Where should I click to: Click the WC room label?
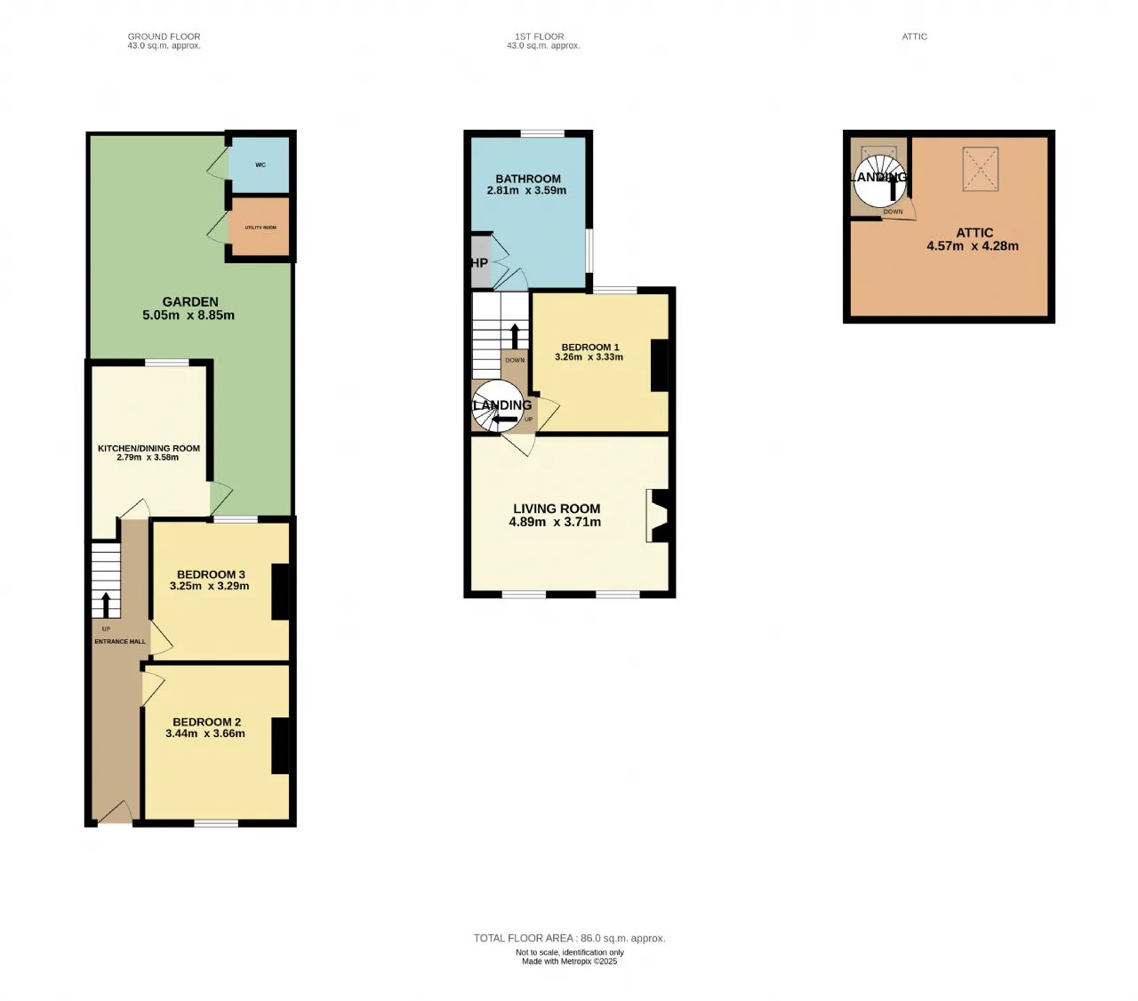pyautogui.click(x=260, y=164)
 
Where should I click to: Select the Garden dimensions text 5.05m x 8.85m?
pyautogui.click(x=188, y=315)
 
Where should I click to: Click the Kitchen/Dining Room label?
pyautogui.click(x=148, y=448)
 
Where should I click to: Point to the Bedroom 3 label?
pyautogui.click(x=211, y=574)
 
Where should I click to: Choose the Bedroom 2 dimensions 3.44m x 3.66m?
pyautogui.click(x=205, y=733)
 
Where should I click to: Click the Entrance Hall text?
pyautogui.click(x=120, y=642)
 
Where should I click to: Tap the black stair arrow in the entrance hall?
pyautogui.click(x=106, y=605)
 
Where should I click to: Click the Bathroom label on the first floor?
pyautogui.click(x=528, y=179)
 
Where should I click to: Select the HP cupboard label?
pyautogui.click(x=479, y=262)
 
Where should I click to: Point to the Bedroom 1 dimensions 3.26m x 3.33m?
pyautogui.click(x=589, y=356)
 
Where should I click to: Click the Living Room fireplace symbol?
pyautogui.click(x=657, y=516)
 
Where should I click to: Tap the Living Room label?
pyautogui.click(x=557, y=509)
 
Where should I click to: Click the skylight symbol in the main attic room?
pyautogui.click(x=980, y=169)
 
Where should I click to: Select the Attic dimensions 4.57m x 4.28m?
pyautogui.click(x=973, y=245)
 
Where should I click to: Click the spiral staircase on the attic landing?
pyautogui.click(x=879, y=180)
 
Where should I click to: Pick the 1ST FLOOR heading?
pyautogui.click(x=540, y=36)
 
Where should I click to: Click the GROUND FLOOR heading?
pyautogui.click(x=164, y=36)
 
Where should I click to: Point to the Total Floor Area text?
pyautogui.click(x=569, y=938)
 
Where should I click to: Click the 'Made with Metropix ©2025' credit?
pyautogui.click(x=569, y=961)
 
